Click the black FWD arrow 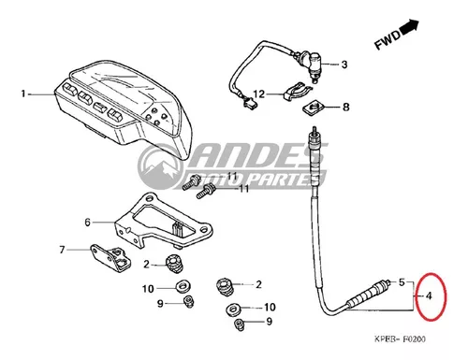pyautogui.click(x=409, y=27)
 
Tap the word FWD pyautogui.click(x=388, y=40)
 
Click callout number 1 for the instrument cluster pyautogui.click(x=22, y=94)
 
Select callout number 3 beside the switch pyautogui.click(x=344, y=65)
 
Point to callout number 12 pyautogui.click(x=259, y=94)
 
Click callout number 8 pyautogui.click(x=345, y=107)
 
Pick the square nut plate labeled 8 pyautogui.click(x=314, y=108)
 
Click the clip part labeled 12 pyautogui.click(x=297, y=92)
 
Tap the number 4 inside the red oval pyautogui.click(x=429, y=295)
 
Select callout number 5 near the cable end pyautogui.click(x=402, y=282)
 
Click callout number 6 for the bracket pyautogui.click(x=87, y=223)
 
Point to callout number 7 pyautogui.click(x=62, y=250)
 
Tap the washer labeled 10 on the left pyautogui.click(x=183, y=287)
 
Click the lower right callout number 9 pyautogui.click(x=269, y=322)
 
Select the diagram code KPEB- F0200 pyautogui.click(x=400, y=338)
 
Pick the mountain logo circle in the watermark pyautogui.click(x=161, y=166)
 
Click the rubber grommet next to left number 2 pyautogui.click(x=174, y=264)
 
